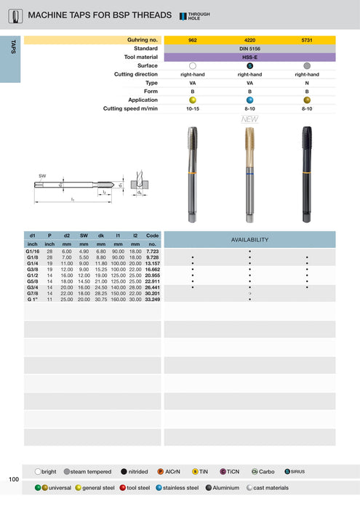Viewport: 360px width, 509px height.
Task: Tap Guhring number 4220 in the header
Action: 249,41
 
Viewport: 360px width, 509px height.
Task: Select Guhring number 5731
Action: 307,41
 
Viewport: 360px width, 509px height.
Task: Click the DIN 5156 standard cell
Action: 249,49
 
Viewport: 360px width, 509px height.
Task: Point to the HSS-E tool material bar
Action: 249,57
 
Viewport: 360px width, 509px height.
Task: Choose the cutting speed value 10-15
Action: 192,108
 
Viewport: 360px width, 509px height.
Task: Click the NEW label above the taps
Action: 250,119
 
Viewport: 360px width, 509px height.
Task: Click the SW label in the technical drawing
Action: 42,177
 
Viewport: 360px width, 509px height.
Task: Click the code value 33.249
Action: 152,299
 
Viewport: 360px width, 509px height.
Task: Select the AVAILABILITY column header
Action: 249,239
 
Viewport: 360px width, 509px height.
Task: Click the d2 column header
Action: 67,236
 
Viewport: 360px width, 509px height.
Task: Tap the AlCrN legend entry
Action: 175,471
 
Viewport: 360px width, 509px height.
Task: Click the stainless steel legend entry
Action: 178,486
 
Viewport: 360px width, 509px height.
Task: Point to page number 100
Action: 14,479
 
